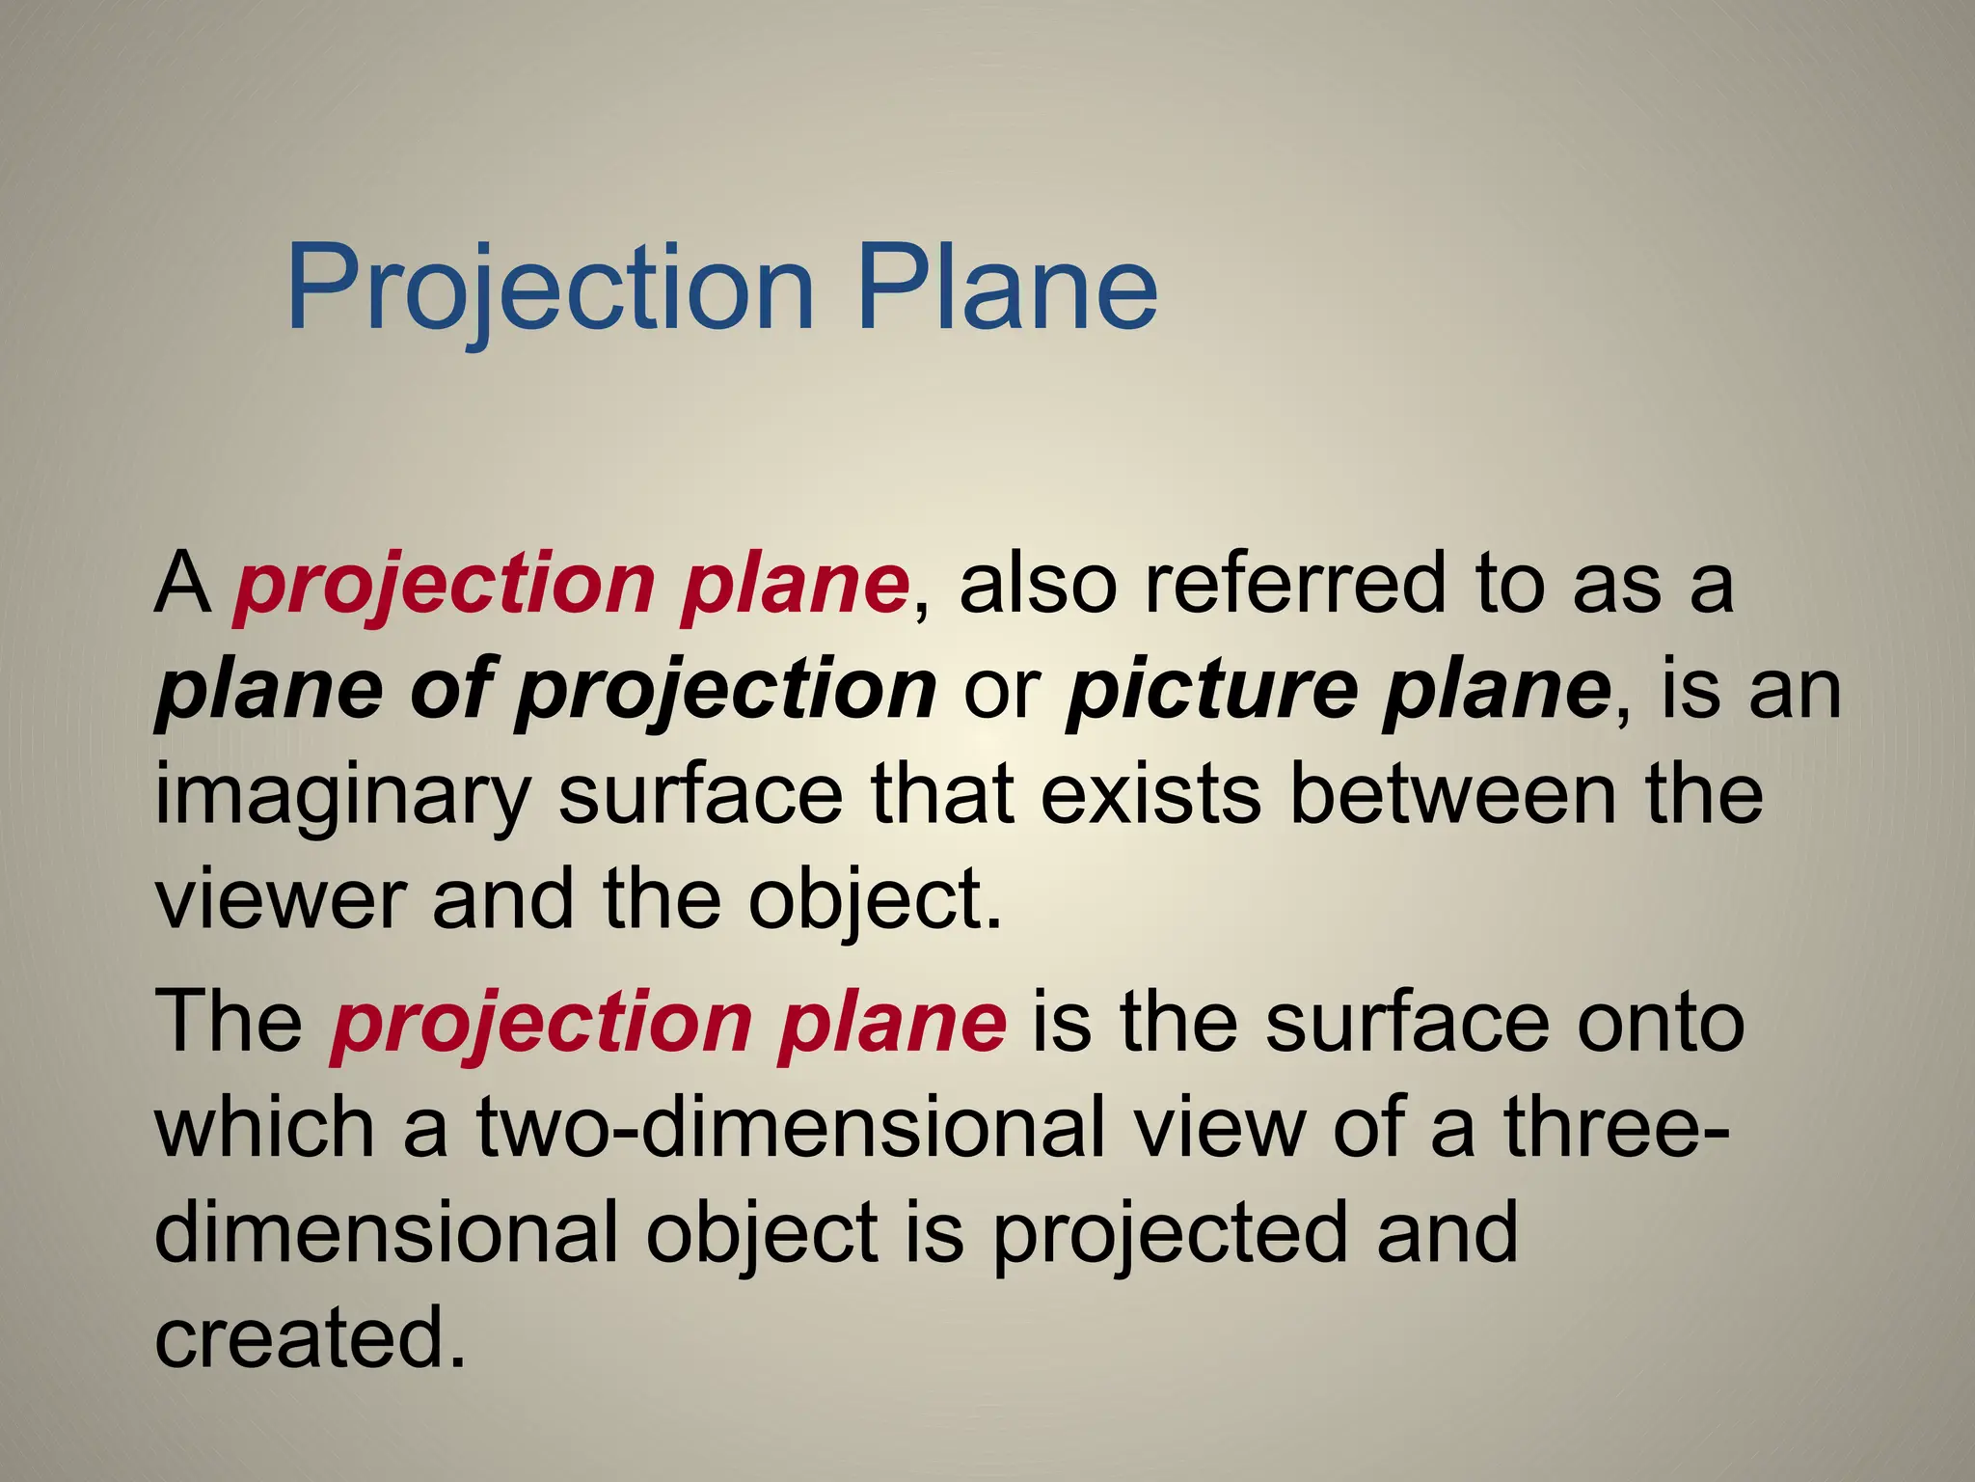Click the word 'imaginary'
(342, 796)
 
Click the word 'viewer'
(280, 899)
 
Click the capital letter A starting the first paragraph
(182, 584)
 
